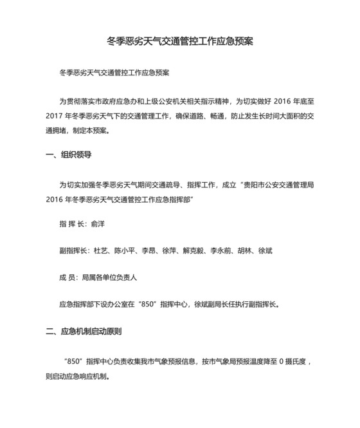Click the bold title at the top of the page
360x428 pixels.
tap(180, 42)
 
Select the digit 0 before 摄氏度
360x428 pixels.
tap(281, 362)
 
